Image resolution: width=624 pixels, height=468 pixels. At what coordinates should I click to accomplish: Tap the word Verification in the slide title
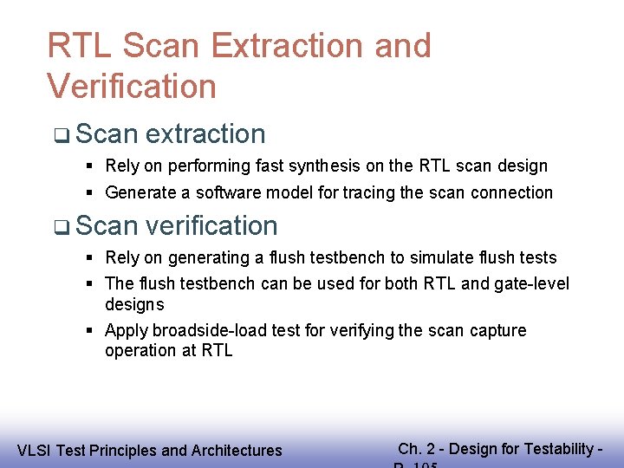(x=132, y=87)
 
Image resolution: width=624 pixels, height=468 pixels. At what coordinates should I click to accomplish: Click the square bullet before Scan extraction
(x=60, y=135)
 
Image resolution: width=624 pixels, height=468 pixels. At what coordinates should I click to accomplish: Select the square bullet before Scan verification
(x=60, y=227)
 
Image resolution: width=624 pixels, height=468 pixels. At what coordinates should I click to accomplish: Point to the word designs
(x=134, y=304)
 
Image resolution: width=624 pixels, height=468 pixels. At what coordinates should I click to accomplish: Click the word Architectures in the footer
(x=235, y=450)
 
